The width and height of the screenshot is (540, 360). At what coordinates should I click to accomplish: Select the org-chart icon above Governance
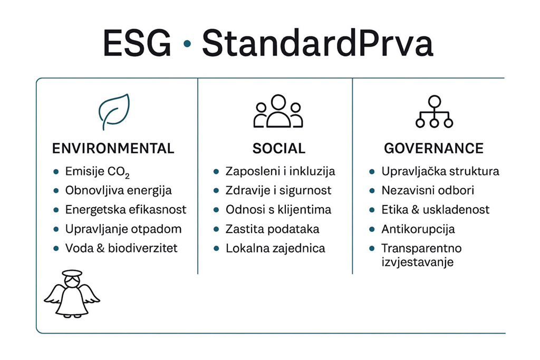tap(434, 112)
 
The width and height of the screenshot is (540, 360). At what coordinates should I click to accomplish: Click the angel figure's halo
tap(72, 273)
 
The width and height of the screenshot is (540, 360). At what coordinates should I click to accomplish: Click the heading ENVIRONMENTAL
tap(113, 148)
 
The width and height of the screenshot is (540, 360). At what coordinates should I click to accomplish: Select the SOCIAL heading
tap(278, 148)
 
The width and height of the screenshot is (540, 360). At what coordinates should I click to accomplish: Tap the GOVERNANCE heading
tap(433, 148)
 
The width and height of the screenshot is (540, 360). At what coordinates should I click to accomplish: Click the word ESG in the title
tap(137, 43)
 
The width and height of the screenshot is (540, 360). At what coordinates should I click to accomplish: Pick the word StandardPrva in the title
tap(317, 43)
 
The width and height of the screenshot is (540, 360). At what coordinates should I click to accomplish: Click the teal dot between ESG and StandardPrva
tap(187, 43)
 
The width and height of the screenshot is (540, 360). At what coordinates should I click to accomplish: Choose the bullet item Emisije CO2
tap(98, 172)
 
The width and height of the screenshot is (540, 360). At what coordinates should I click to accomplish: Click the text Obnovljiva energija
tap(119, 191)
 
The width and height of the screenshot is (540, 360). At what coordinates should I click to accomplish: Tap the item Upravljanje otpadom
tap(123, 229)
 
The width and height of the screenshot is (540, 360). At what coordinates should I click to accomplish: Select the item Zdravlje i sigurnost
tap(278, 191)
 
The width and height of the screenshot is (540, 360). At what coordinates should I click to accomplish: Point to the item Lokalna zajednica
tap(275, 248)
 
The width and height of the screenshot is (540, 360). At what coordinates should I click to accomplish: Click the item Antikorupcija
tap(418, 229)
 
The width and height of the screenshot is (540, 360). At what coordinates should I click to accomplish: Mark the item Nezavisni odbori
tap(427, 190)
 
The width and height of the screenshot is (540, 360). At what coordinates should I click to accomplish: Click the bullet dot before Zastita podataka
tap(216, 229)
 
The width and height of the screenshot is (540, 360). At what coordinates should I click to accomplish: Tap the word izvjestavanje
tap(418, 262)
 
